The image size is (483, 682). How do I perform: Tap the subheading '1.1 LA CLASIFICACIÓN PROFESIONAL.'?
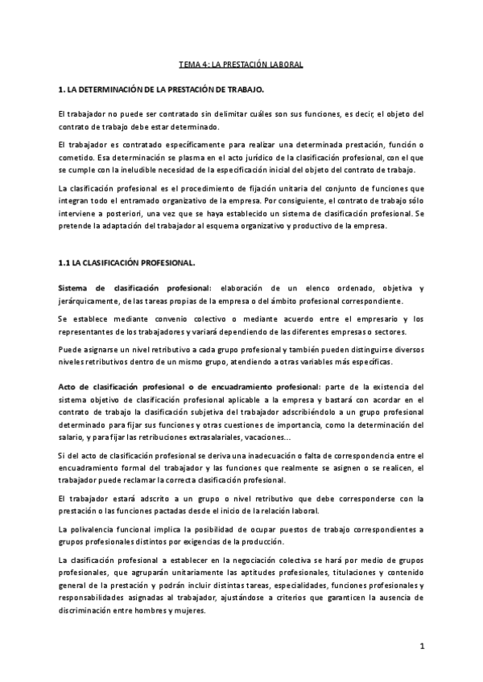(127, 263)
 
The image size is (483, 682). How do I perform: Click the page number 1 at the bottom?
(422, 646)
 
